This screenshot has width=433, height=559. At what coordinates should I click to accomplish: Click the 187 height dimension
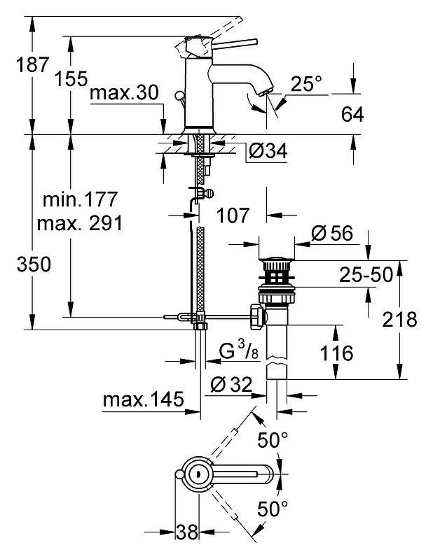pos(32,64)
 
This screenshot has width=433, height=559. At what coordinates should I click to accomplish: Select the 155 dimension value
pos(71,78)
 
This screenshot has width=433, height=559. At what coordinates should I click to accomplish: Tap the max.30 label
pos(124,93)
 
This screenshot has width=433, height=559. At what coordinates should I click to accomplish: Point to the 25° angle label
pos(306,84)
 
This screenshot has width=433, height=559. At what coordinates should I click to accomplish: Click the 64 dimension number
pos(352,115)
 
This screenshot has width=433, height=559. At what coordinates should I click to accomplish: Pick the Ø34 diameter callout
pos(268,151)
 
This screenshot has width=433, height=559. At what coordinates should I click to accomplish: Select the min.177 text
pos(80,199)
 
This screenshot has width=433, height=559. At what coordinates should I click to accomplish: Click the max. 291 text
pos(80,223)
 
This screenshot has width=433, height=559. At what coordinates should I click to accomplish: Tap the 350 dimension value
pos(34,265)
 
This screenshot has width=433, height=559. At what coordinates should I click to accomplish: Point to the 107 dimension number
pos(233,215)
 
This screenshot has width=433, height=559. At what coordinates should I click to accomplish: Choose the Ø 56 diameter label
pos(332,234)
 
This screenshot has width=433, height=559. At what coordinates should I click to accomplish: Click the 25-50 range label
pos(366,274)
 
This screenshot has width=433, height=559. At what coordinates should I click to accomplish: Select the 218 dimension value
pos(399,319)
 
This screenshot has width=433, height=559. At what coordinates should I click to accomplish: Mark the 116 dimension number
pos(336,353)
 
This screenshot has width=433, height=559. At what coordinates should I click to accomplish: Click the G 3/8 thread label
pos(238,351)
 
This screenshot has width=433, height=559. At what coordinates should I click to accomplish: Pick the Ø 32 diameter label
pos(231,384)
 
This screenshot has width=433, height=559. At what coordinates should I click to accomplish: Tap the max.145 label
pos(143,399)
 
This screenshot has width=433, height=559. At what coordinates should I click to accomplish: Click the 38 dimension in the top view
pos(186,532)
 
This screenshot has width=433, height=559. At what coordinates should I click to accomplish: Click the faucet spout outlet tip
pos(268,92)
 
